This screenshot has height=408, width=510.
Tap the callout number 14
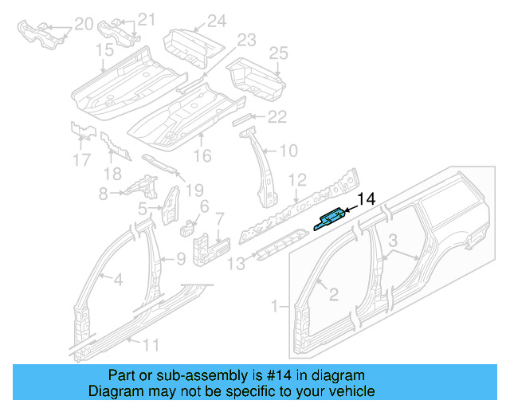pos(366,199)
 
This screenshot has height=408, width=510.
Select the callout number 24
pos(217,21)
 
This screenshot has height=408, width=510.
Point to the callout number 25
pos(277,53)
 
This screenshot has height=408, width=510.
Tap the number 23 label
pos(245,40)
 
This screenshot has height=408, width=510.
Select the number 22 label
pos(276,117)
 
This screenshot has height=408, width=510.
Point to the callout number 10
pos(288,149)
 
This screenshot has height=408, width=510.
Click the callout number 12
pos(296,179)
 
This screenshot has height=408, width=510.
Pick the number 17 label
pos(81,160)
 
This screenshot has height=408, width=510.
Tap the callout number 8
pos(103,193)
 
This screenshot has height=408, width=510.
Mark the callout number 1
pos(276,305)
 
